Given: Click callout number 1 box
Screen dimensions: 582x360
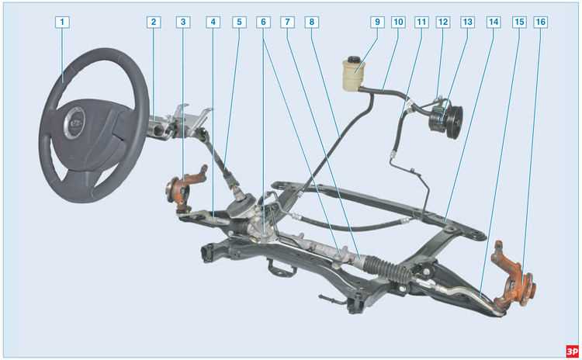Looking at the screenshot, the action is click(62, 22).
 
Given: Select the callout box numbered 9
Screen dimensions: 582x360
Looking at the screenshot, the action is click(377, 22).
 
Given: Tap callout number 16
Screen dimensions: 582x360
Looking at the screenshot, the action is click(540, 22).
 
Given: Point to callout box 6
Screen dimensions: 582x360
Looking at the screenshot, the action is click(263, 22).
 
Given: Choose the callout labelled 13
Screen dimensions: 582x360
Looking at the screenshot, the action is click(467, 22).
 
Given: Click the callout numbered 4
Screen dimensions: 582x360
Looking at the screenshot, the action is click(213, 22).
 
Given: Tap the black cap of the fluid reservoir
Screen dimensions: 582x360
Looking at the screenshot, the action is click(353, 60).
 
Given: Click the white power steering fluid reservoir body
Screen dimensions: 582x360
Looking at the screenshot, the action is click(353, 76).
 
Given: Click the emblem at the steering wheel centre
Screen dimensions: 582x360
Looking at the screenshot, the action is click(75, 123).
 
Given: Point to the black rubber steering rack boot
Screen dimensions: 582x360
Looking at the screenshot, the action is click(389, 269).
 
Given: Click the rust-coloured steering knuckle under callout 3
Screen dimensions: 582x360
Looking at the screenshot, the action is click(185, 189).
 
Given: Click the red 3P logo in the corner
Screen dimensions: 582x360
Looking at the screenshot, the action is click(572, 351).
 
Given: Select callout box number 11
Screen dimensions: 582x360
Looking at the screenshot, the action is click(421, 22).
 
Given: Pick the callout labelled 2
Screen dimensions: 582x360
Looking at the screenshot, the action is click(154, 22).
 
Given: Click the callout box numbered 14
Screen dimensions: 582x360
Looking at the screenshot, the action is click(494, 22).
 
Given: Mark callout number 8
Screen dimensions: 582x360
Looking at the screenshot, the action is click(311, 22).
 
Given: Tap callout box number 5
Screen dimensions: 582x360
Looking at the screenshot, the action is click(239, 22).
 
